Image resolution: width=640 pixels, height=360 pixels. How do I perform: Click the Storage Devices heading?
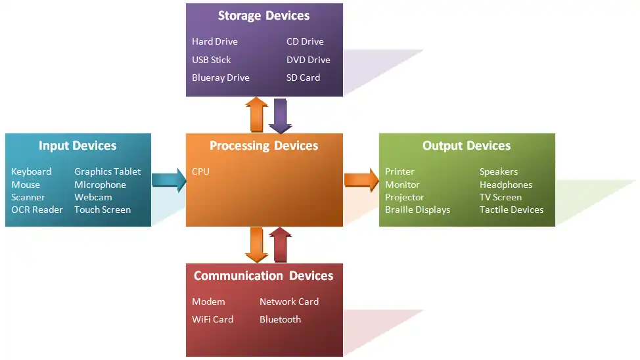click(x=263, y=16)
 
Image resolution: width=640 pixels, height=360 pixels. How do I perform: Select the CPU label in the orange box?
click(x=200, y=171)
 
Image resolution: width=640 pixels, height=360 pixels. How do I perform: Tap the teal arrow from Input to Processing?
click(x=169, y=180)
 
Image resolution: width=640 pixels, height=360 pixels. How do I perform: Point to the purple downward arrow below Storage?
click(x=281, y=115)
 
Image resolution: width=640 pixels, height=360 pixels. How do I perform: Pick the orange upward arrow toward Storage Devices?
click(x=256, y=115)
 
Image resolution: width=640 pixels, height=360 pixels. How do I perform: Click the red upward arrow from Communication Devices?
click(x=281, y=245)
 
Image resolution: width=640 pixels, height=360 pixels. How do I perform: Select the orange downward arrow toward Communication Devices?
click(x=256, y=245)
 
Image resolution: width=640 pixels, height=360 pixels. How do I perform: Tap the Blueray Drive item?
click(x=221, y=78)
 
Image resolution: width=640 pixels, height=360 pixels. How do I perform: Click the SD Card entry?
click(x=303, y=78)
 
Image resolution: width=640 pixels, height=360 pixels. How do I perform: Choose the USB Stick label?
click(x=212, y=60)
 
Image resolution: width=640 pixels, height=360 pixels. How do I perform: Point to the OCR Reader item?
click(x=37, y=210)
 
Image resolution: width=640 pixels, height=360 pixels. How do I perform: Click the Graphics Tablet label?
click(x=107, y=171)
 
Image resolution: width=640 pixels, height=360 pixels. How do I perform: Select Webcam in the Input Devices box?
click(x=93, y=197)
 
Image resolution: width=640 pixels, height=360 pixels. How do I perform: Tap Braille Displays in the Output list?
click(x=417, y=210)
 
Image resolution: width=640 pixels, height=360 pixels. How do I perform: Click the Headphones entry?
click(x=505, y=185)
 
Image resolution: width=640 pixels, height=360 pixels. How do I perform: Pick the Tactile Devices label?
click(x=511, y=210)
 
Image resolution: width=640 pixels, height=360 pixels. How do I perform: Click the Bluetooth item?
click(x=280, y=319)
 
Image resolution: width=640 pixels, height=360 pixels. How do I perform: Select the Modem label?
click(x=208, y=302)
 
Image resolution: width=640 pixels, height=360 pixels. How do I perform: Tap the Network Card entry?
click(x=289, y=302)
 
